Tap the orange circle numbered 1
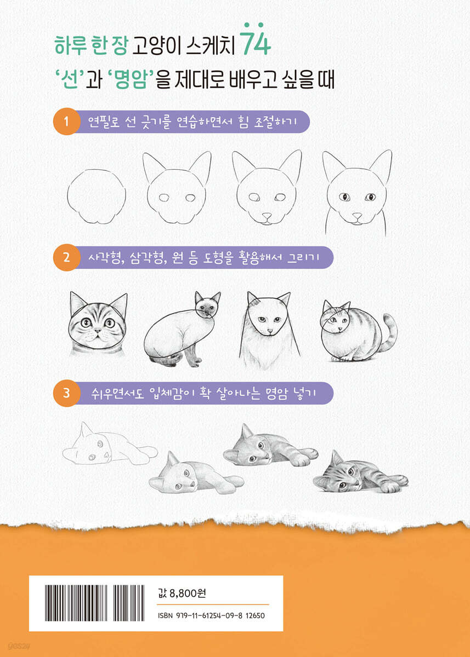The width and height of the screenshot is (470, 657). tap(66, 122)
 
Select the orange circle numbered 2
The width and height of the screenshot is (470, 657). tap(66, 257)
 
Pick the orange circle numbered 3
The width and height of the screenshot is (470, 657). tap(66, 393)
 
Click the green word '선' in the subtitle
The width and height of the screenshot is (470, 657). tap(71, 80)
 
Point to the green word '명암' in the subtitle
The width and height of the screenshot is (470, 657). tap(131, 80)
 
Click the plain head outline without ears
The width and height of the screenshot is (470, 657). tap(97, 197)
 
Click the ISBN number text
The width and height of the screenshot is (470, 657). tap(211, 615)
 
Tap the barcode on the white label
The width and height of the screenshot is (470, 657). tap(94, 603)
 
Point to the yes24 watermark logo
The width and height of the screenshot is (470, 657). tap(19, 646)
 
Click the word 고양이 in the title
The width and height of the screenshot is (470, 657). tap(156, 46)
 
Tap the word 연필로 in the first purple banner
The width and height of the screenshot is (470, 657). tap(104, 122)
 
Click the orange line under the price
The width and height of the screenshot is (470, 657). tap(213, 604)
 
